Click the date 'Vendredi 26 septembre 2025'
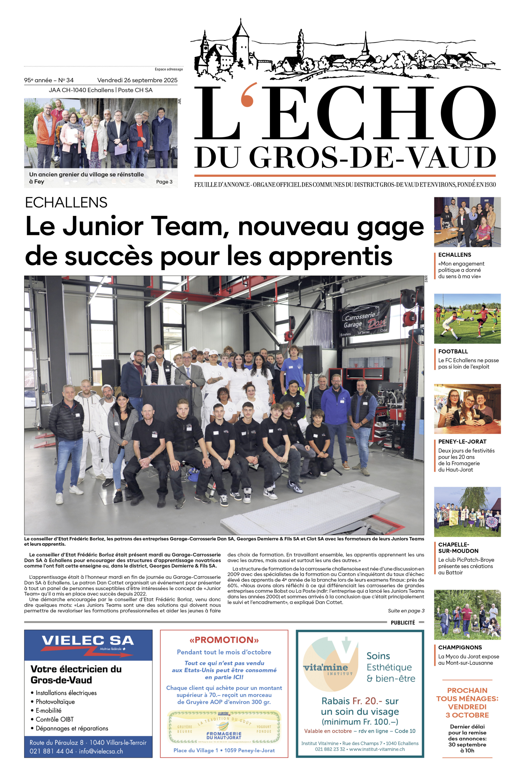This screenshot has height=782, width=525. tap(137, 80)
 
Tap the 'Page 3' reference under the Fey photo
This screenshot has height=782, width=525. tap(164, 182)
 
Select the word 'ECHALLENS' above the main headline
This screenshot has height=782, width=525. tap(66, 203)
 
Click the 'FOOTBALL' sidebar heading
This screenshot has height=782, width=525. tap(453, 351)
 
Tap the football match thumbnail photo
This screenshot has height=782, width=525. tap(467, 319)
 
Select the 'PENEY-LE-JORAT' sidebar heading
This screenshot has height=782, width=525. tap(462, 442)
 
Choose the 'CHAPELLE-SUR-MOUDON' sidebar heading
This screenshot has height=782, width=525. tap(458, 548)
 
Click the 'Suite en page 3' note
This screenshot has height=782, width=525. tap(406, 611)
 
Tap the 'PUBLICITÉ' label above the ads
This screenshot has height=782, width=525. tap(403, 623)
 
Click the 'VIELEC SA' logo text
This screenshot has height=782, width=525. tap(88, 640)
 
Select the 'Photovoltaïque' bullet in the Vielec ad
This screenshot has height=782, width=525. tap(55, 702)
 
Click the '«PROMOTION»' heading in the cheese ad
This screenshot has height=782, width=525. tap(224, 640)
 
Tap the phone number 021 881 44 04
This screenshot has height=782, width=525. tap(51, 751)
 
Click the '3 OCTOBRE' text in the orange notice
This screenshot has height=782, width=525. tap(467, 715)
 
